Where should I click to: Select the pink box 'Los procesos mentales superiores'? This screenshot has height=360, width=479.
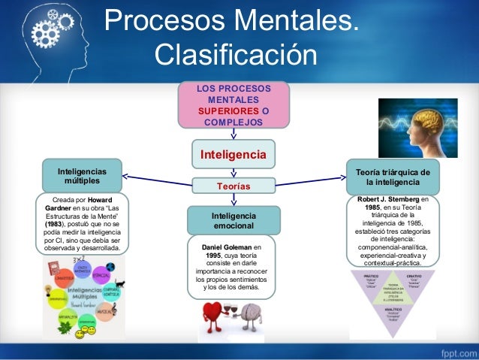click(233, 105)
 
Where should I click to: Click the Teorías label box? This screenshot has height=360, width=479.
click(233, 185)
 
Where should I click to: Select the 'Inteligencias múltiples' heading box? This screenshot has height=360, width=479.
click(82, 177)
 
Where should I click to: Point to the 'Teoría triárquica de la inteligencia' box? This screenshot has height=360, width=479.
click(392, 177)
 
